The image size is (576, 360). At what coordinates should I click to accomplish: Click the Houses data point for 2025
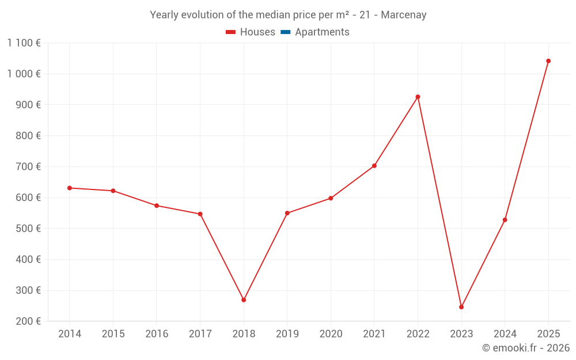pos(548,61)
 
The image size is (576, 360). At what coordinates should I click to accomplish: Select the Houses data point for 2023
pos(461,307)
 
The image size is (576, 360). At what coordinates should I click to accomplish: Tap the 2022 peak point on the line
pos(418,97)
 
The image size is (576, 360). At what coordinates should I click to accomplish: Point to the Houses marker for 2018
pos(244,300)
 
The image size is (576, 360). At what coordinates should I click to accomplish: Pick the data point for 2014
pos(70,188)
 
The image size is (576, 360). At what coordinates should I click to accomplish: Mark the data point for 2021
pos(374,166)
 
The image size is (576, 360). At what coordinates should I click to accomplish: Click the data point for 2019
pos(287,213)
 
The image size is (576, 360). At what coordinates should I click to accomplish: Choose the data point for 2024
pos(505,220)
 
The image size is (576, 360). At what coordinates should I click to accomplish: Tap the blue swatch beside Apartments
pos(285,32)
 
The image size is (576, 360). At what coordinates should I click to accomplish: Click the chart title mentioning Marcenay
pos(288,15)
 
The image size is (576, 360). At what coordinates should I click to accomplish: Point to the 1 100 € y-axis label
pos(24,43)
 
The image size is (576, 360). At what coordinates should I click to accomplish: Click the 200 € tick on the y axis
pos(27,321)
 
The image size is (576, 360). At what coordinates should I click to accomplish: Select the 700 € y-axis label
pos(27,166)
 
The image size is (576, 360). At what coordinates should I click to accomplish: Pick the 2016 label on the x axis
pos(157,334)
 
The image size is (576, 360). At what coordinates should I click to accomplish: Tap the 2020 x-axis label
pos(331,334)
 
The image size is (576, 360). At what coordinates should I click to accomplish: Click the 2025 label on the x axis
pos(548,334)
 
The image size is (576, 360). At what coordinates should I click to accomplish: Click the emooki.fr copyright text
pos(525,348)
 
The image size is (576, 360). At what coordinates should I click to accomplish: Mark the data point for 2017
pos(200,214)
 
